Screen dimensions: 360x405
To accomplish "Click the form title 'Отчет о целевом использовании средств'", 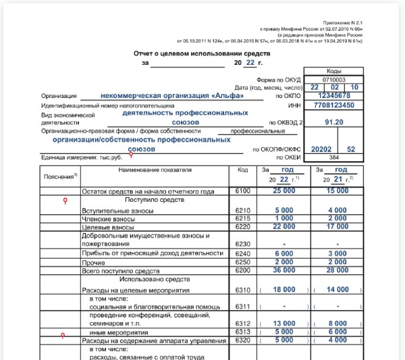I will pos(202,53).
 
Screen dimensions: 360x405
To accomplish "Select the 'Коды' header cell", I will pos(334,71).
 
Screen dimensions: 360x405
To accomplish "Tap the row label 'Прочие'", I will pos(94,261).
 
